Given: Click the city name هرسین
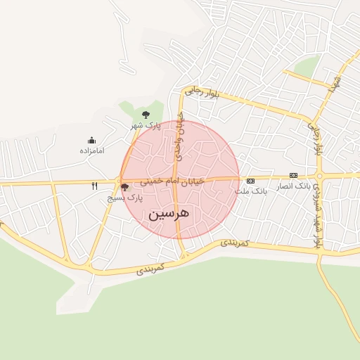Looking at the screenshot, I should pos(169,214).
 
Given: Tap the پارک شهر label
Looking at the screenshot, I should pos(146,125).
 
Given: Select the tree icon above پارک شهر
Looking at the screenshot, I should pos(146,114).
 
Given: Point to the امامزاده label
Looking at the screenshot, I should pos(91,150).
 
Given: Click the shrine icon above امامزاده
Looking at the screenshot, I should pos(91,141).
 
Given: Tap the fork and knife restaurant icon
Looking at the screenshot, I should pos(94,186).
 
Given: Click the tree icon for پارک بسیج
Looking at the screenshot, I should pos(125,188).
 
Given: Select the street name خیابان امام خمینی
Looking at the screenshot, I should pos(172,181).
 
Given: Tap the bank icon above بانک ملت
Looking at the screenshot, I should pos(251,181).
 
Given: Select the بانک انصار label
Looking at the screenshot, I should pos(295,186).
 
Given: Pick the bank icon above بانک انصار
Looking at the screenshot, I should pos(293,176).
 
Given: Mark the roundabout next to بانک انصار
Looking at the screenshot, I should pos(319,175).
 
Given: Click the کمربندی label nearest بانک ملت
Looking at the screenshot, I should pos(236,242).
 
